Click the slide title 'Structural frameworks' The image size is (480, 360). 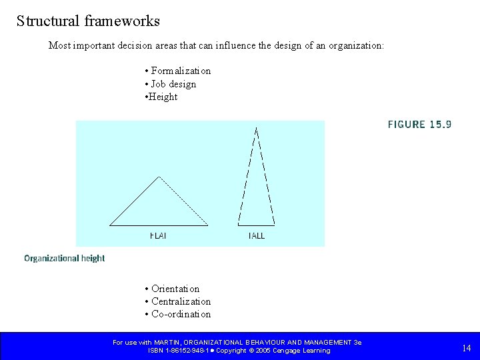click(88, 21)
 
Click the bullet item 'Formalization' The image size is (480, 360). click(181, 71)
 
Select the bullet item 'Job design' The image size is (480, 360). click(173, 84)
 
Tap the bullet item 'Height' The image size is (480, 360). click(163, 97)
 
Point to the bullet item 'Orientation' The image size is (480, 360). click(175, 289)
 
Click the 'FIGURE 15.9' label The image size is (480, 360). click(419, 124)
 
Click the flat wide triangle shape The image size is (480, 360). click(159, 207)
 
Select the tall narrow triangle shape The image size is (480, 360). click(256, 187)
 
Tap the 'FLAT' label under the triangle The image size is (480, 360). click(158, 235)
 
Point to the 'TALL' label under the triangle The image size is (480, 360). click(256, 235)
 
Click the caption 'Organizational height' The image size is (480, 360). click(65, 258)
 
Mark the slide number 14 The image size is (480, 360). click(466, 347)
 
